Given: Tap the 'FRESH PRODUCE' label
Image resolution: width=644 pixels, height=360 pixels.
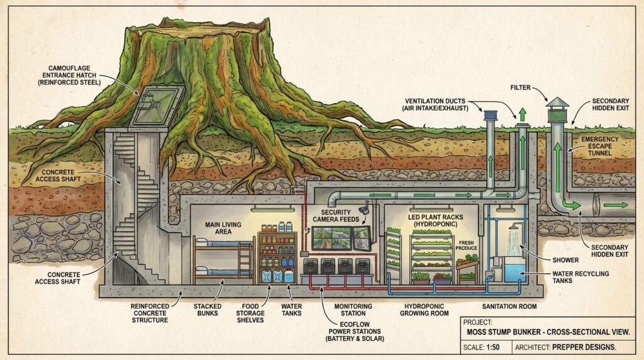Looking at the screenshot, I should pyautogui.click(x=466, y=245).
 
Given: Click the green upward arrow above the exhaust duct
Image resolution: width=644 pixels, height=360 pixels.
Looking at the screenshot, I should pyautogui.click(x=522, y=114).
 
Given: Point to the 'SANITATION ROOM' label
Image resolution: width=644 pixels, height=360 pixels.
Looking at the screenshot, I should pyautogui.click(x=509, y=306).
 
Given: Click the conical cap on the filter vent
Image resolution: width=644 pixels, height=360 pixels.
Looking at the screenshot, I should pyautogui.click(x=557, y=103).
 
